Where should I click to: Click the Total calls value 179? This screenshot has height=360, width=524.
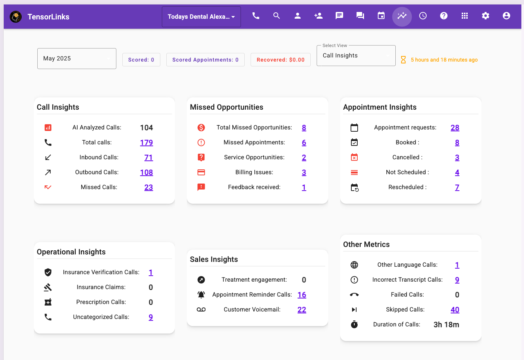click(x=146, y=143)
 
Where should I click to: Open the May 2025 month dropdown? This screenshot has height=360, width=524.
click(x=76, y=59)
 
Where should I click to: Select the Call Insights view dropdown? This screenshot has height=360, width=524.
click(x=356, y=56)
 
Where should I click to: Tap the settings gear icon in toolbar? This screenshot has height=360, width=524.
click(x=485, y=16)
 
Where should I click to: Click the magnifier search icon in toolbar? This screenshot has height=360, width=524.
click(x=276, y=16)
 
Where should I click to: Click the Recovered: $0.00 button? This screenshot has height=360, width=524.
click(x=280, y=60)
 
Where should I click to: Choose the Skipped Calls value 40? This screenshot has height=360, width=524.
click(x=455, y=310)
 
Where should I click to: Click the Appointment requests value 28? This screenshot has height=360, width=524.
click(x=455, y=128)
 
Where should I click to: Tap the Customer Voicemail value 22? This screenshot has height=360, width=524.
click(x=302, y=310)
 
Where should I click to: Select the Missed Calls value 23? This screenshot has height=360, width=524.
click(x=148, y=187)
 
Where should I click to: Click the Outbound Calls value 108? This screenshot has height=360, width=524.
click(x=146, y=172)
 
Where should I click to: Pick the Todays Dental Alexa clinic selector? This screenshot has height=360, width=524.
click(x=201, y=17)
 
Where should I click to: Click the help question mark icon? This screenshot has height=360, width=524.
click(x=443, y=16)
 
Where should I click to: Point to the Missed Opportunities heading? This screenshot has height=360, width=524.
click(x=226, y=107)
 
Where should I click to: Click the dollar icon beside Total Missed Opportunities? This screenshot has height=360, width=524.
click(x=201, y=128)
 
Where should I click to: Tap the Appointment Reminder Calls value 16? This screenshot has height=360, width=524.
click(x=302, y=295)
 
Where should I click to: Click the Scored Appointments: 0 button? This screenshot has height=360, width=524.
click(x=205, y=60)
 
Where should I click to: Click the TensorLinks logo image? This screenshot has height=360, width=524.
click(x=16, y=17)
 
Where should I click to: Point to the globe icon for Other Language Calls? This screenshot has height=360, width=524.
click(x=354, y=265)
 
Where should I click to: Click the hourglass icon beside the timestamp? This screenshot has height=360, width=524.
click(x=403, y=60)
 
